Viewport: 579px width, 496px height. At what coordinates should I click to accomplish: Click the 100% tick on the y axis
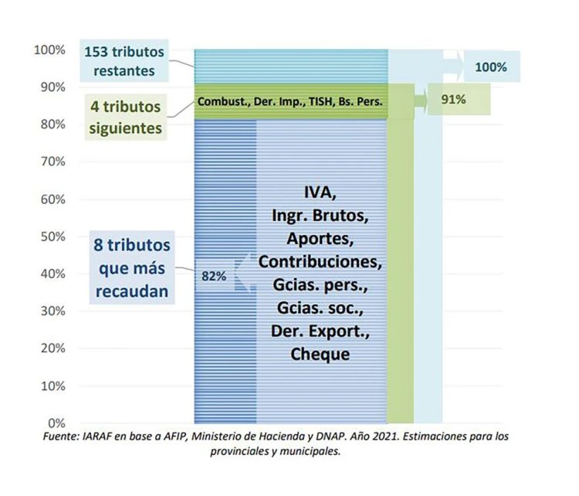click(49, 50)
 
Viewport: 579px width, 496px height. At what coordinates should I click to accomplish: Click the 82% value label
click(213, 275)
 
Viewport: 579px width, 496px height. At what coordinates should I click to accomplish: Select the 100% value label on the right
click(490, 67)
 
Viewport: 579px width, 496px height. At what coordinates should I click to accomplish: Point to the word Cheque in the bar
click(320, 354)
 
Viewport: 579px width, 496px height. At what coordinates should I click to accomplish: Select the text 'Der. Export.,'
click(320, 331)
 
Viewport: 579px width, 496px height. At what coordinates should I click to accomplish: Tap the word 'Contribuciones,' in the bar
click(320, 261)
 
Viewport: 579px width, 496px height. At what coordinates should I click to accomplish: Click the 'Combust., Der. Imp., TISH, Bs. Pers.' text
click(290, 101)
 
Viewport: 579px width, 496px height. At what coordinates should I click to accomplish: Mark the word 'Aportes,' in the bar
click(320, 238)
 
